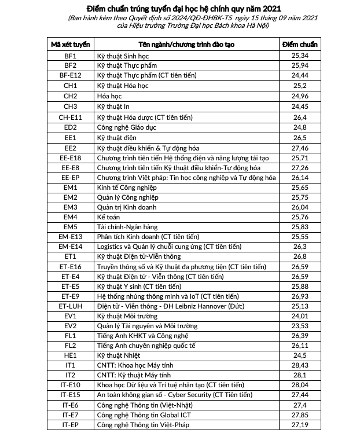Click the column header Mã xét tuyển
pyautogui.click(x=70, y=45)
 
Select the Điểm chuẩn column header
pyautogui.click(x=300, y=45)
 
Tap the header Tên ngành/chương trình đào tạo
pyautogui.click(x=187, y=45)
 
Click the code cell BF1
pyautogui.click(x=70, y=56)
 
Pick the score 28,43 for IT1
pyautogui.click(x=300, y=365)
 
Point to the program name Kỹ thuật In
pyautogui.click(x=113, y=107)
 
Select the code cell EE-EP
pyautogui.click(x=70, y=178)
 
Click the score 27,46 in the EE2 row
pyautogui.click(x=300, y=148)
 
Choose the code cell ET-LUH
pyautogui.click(x=70, y=306)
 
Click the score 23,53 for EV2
pyautogui.click(x=300, y=326)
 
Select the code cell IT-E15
pyautogui.click(x=70, y=395)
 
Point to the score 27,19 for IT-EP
pyautogui.click(x=300, y=425)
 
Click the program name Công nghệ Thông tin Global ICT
pyautogui.click(x=144, y=415)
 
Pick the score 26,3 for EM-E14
pyautogui.click(x=300, y=247)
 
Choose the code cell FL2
pyautogui.click(x=70, y=346)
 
